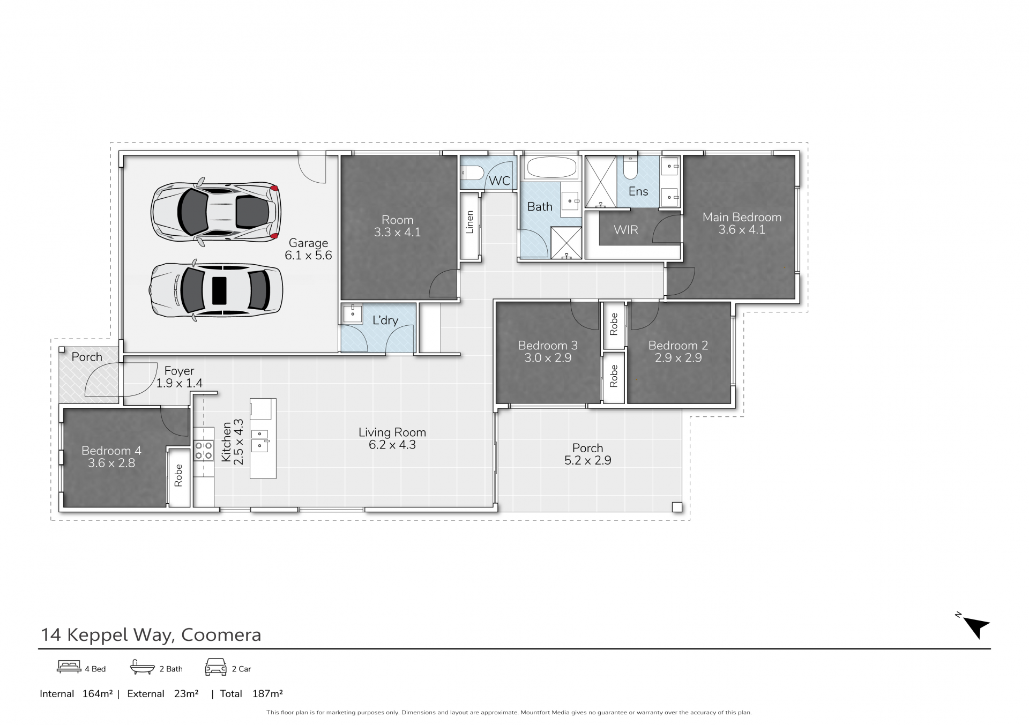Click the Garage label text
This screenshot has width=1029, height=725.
308,243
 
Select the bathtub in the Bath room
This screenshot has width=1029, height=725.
551,167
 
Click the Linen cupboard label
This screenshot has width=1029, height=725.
470,222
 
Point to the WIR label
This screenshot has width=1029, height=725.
625,230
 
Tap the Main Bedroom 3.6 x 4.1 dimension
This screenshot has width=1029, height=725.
742,230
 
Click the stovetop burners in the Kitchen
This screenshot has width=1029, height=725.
203,450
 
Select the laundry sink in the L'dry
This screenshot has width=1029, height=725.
353,313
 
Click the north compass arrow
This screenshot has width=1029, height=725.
976,627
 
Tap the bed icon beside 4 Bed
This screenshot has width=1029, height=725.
69,667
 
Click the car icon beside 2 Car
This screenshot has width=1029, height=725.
216,667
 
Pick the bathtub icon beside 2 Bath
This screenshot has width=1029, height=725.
142,667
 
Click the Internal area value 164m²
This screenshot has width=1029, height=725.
97,694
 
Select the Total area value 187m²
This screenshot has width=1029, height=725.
267,694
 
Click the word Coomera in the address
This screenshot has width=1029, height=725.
221,635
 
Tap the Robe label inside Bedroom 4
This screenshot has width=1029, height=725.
178,476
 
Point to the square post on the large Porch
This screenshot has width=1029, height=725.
677,507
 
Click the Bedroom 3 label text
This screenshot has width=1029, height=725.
548,346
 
